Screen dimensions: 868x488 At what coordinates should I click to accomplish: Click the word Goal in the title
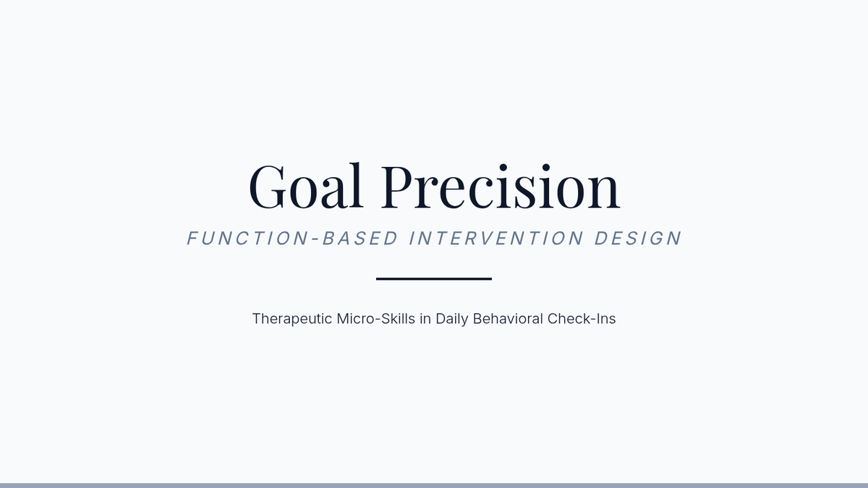pyautogui.click(x=306, y=186)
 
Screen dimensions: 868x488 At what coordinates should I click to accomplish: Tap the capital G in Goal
pyautogui.click(x=267, y=187)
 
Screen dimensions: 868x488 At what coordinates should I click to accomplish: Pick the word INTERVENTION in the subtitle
pyautogui.click(x=496, y=238)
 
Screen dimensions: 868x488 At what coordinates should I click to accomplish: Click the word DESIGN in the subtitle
pyautogui.click(x=638, y=238)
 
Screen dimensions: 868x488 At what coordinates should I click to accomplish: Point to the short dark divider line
pyautogui.click(x=434, y=279)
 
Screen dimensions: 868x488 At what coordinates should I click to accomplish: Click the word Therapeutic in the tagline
pyautogui.click(x=292, y=319)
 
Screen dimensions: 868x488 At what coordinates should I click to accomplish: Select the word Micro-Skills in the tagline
pyautogui.click(x=376, y=319)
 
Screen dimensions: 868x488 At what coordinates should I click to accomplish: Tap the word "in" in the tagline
pyautogui.click(x=425, y=319)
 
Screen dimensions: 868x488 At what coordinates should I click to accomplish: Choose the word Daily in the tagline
pyautogui.click(x=452, y=319)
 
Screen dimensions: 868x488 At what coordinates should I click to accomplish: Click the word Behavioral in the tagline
pyautogui.click(x=508, y=319)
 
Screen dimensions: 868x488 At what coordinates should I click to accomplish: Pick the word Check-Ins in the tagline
pyautogui.click(x=582, y=319)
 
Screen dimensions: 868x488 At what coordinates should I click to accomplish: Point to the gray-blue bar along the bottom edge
pyautogui.click(x=434, y=485)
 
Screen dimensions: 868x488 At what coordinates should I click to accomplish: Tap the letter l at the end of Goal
pyautogui.click(x=355, y=186)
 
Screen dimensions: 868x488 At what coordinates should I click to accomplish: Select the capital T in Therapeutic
pyautogui.click(x=257, y=319)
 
